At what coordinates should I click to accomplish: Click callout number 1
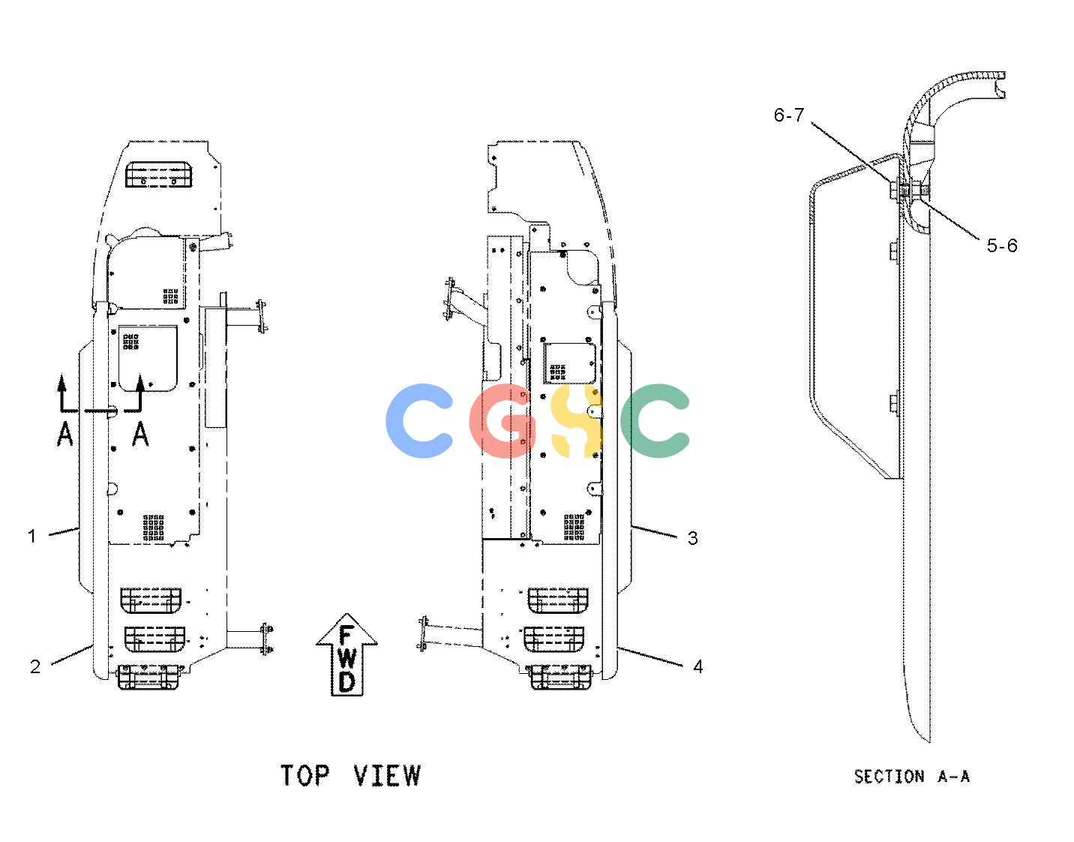(32, 537)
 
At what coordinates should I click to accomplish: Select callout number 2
(35, 667)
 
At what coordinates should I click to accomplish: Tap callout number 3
(693, 538)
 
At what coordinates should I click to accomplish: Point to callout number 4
(698, 667)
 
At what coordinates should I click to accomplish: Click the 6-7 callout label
(789, 116)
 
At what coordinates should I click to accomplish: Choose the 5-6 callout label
(1002, 245)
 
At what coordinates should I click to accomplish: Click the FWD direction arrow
(346, 654)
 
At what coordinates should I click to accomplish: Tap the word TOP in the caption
(304, 775)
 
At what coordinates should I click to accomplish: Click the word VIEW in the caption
(388, 775)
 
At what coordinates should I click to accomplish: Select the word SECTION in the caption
(889, 776)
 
